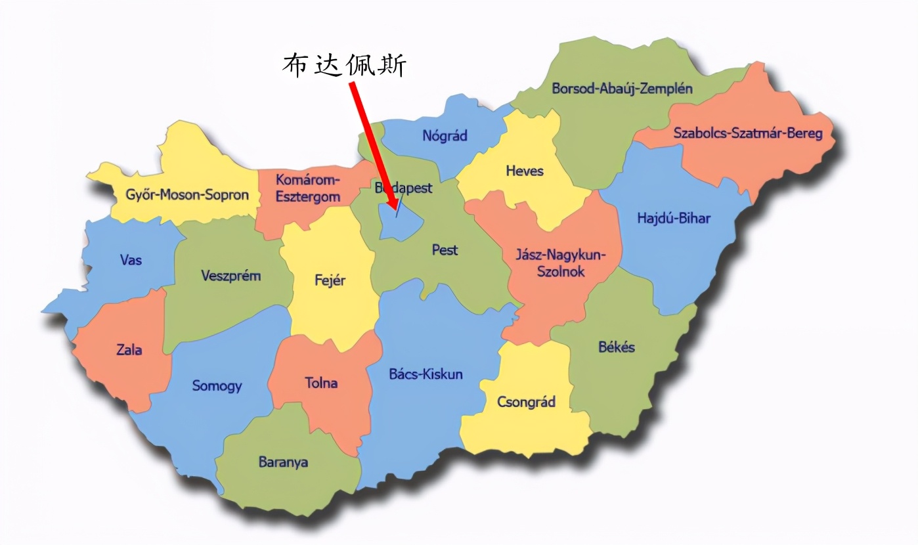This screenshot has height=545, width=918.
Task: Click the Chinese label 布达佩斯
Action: [344, 66]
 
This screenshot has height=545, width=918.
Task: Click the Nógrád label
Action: [445, 136]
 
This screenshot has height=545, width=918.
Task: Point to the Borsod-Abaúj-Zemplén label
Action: [622, 88]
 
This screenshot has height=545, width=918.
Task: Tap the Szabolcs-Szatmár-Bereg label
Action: [747, 134]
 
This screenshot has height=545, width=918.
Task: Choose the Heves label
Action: [525, 171]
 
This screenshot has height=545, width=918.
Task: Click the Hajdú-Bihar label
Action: [674, 218]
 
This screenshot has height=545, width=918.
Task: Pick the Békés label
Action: [617, 347]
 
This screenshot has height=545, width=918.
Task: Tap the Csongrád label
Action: [526, 402]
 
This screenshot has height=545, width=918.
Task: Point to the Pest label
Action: [445, 250]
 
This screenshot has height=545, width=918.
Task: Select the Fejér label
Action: [330, 280]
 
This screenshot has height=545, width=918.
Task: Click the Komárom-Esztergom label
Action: [307, 188]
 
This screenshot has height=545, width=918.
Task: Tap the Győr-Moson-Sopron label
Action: [187, 194]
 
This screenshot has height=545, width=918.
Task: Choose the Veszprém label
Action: [230, 275]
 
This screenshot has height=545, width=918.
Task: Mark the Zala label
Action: [129, 349]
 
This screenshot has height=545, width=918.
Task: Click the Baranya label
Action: [283, 462]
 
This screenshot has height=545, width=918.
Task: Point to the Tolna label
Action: [321, 382]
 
